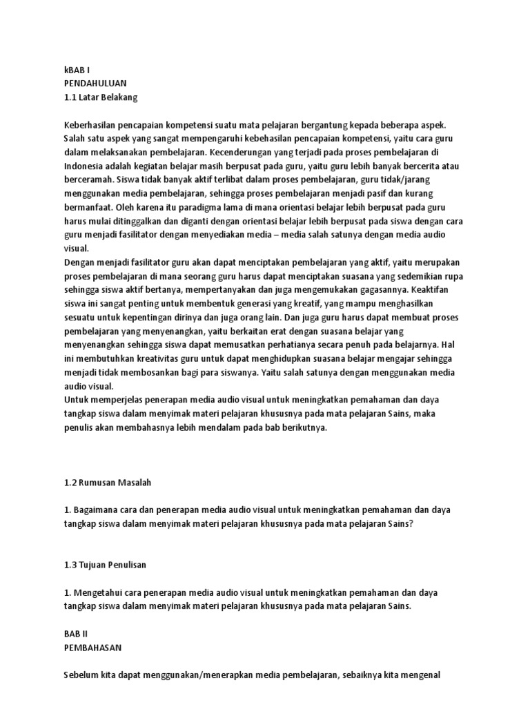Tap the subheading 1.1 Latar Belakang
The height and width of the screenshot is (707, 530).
(x=101, y=97)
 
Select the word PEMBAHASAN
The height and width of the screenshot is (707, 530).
(x=93, y=647)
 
